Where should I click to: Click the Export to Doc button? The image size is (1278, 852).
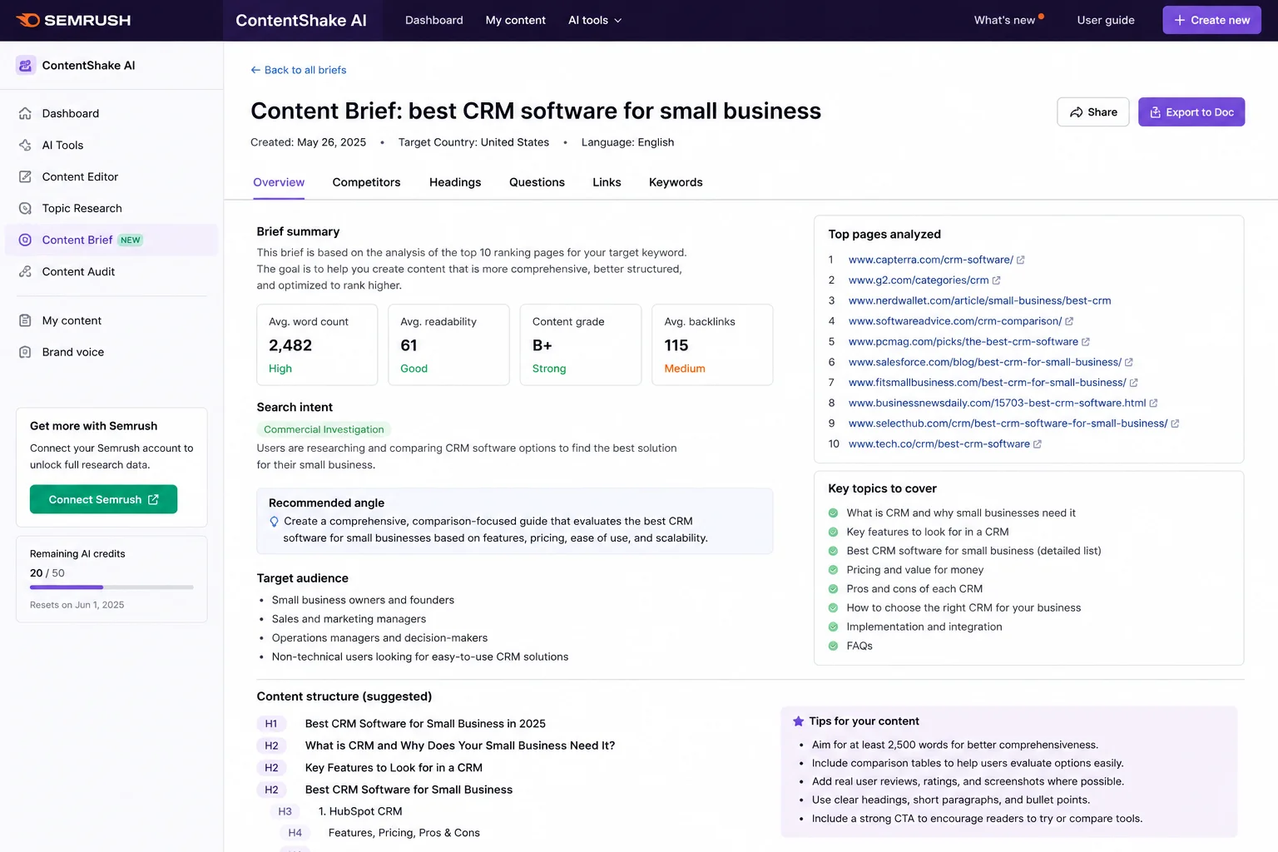(1191, 111)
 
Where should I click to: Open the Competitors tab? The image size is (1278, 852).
(366, 182)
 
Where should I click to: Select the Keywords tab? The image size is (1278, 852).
(676, 182)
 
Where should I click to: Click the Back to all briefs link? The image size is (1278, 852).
(299, 70)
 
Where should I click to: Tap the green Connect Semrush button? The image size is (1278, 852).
(103, 499)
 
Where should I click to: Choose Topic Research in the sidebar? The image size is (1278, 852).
(82, 208)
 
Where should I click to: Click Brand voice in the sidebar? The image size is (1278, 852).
(72, 352)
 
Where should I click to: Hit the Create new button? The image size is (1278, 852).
(1211, 20)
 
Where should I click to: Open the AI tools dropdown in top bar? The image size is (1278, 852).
(595, 20)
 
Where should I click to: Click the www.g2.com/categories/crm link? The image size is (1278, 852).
(919, 280)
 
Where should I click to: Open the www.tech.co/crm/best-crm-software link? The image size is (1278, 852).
(939, 444)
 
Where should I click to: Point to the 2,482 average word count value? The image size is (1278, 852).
(290, 345)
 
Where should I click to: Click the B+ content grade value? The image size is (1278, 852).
(542, 345)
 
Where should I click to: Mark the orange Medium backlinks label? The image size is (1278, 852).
(685, 369)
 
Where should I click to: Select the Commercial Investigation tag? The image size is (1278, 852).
(324, 429)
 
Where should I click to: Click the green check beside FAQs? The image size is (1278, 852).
(833, 646)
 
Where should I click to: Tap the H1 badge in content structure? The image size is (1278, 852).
(271, 724)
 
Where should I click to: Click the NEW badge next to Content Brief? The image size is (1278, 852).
(130, 240)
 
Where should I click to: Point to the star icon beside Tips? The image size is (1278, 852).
(798, 721)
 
